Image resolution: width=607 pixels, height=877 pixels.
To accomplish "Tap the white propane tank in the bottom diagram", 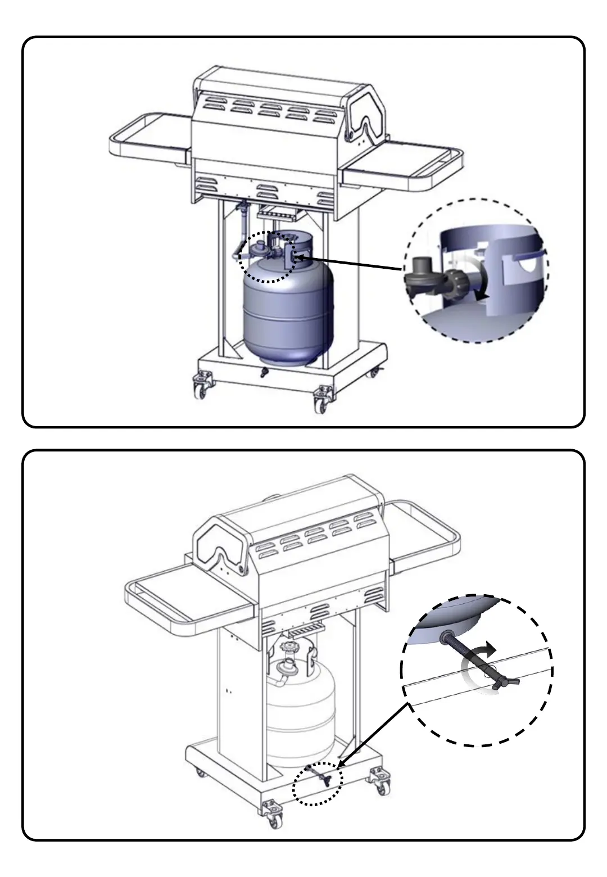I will [x=300, y=714].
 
